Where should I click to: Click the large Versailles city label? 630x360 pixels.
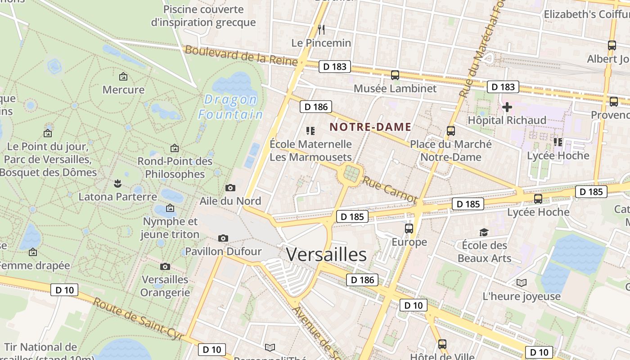(326, 255)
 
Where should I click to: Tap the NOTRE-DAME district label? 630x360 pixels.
(370, 127)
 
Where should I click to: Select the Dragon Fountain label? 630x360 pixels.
(231, 107)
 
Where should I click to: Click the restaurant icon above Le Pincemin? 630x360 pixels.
(321, 30)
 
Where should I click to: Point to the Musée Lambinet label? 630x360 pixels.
(395, 88)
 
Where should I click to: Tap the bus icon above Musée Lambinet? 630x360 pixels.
(395, 75)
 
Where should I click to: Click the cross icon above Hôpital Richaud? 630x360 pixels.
(507, 107)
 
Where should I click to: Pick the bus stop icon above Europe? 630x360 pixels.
(409, 229)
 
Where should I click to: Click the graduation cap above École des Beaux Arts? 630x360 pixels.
(484, 232)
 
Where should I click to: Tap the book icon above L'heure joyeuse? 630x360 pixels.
(522, 283)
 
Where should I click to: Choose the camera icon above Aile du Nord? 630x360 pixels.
(230, 188)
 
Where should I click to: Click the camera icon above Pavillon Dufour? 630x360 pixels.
(223, 238)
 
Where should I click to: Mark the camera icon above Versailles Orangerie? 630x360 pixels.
(165, 266)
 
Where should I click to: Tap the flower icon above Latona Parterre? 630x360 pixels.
(117, 183)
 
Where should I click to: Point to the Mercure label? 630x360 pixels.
(123, 90)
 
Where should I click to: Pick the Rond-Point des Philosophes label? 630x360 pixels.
(175, 167)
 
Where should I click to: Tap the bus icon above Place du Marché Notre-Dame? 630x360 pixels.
(451, 131)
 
